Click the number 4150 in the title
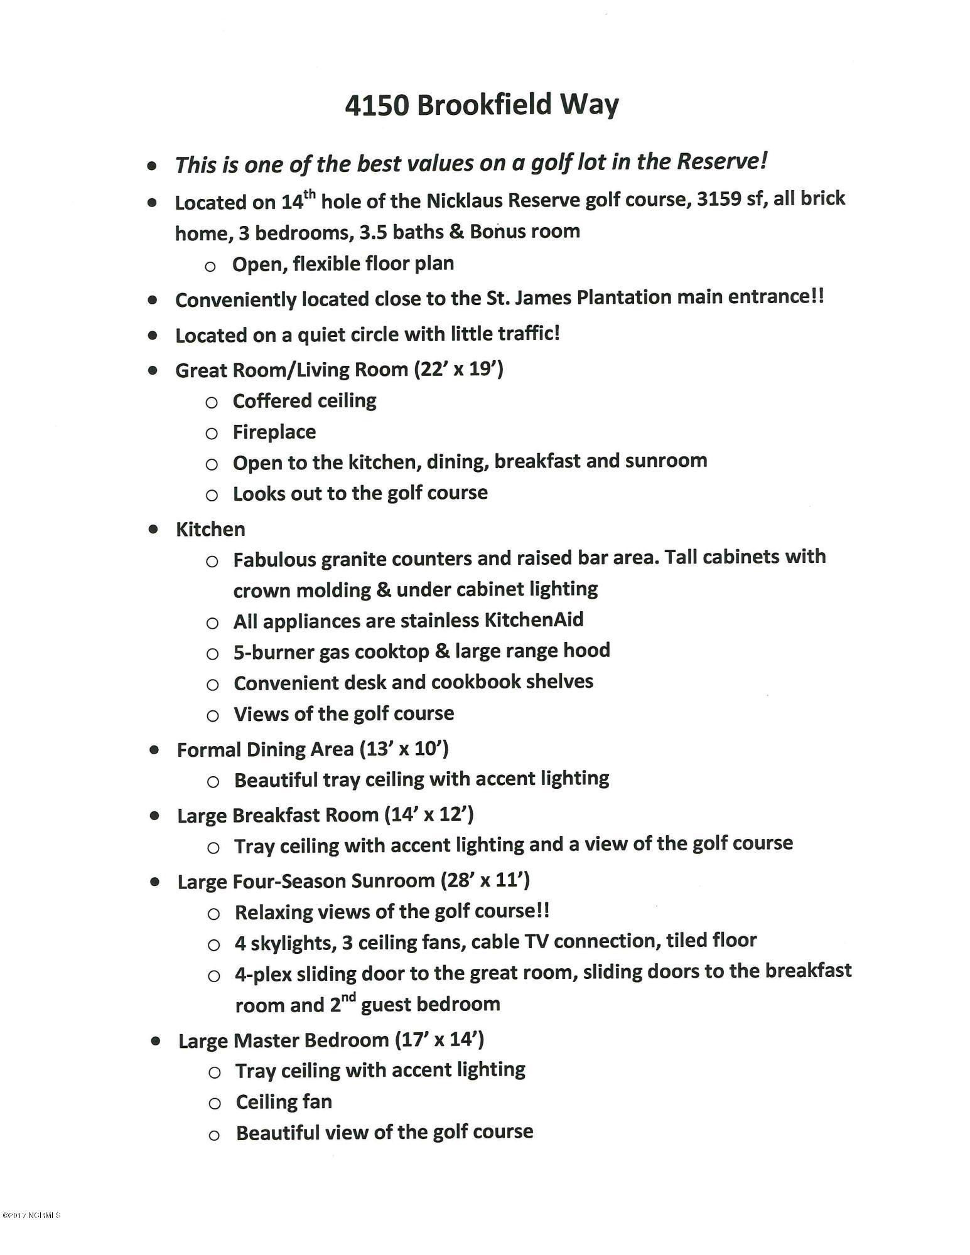(377, 105)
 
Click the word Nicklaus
(465, 201)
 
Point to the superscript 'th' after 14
(310, 195)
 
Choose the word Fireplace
(274, 432)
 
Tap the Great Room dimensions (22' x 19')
(458, 369)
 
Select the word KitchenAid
(534, 620)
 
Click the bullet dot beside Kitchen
(153, 529)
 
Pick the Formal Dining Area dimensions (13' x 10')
(404, 749)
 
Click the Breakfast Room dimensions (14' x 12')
(429, 814)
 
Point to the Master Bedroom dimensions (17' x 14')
(439, 1040)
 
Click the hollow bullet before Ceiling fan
(214, 1103)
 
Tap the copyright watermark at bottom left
(31, 1215)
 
